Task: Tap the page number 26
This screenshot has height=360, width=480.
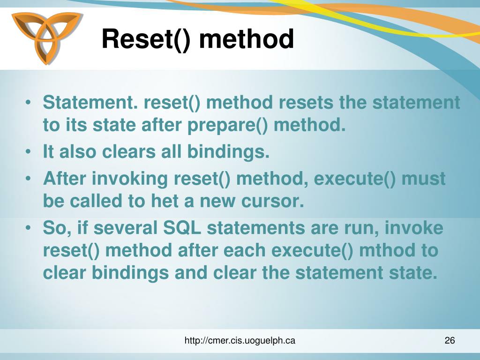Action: [450, 341]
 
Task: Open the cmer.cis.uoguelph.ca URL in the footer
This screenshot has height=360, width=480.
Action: [240, 341]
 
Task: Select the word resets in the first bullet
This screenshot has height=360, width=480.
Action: [307, 102]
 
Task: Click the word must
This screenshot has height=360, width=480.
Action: [424, 179]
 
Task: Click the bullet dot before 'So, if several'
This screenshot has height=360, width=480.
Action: [30, 228]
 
